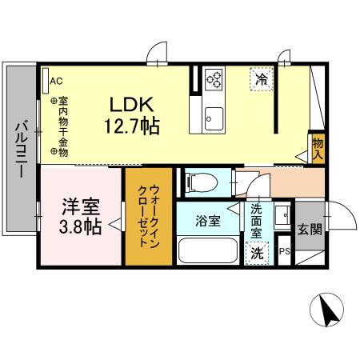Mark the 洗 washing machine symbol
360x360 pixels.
click(256, 252)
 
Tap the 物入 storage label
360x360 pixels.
click(318, 147)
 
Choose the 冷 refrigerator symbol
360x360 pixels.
click(262, 78)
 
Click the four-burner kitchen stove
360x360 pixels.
click(214, 78)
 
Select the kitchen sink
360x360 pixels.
click(214, 116)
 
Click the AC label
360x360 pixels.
click(56, 81)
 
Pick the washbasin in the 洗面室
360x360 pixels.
click(282, 217)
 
